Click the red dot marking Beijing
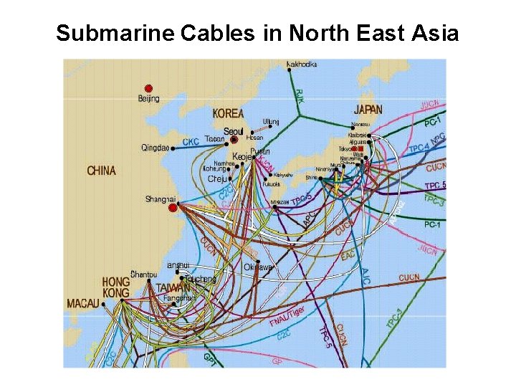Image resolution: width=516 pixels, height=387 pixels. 148,88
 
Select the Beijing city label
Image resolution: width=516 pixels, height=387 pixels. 149,99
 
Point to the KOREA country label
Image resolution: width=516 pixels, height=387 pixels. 228,113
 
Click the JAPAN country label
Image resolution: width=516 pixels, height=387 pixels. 368,110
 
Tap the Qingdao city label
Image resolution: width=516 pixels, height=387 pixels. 155,148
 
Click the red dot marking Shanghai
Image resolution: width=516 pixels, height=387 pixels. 172,208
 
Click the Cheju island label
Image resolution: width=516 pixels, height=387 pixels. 219,178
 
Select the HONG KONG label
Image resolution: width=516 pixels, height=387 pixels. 115,287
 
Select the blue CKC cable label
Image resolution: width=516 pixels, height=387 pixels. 191,142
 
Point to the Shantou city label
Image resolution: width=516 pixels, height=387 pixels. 144,274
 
